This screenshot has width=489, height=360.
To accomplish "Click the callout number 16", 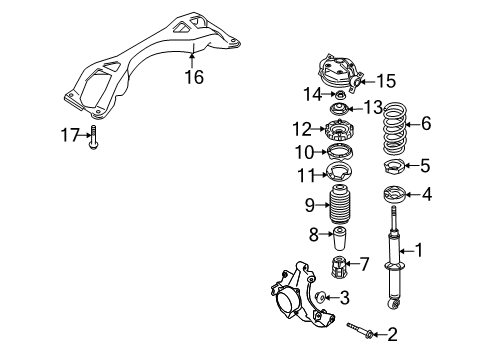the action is coord(194,77).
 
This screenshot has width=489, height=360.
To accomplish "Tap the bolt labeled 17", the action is coord(93,137).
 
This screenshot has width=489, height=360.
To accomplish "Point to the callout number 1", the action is coord(418,250).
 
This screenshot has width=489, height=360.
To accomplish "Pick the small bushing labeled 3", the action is coord(321,296).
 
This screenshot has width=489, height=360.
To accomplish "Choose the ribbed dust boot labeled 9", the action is coord(341,203).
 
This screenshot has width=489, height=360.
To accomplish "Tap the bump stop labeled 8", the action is coord(339,239).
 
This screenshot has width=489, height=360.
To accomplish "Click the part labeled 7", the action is coord(338,266).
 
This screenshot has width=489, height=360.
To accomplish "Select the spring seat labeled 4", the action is coord(394,194).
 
